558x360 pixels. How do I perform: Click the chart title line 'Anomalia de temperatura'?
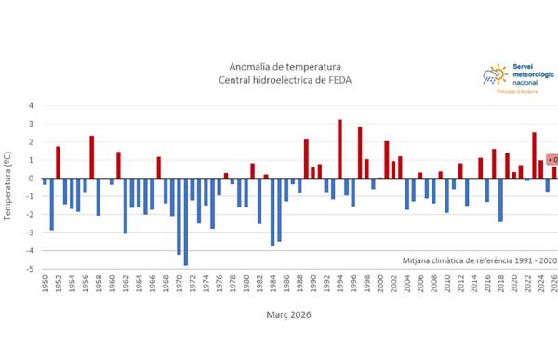pyautogui.click(x=286, y=67)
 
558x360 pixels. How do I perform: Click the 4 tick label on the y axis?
pyautogui.click(x=31, y=105)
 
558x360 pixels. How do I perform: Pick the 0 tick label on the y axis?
pyautogui.click(x=31, y=179)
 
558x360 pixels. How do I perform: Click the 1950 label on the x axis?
pyautogui.click(x=45, y=285)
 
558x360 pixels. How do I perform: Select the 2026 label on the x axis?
pyautogui.click(x=554, y=285)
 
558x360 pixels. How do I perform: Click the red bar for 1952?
pyautogui.click(x=58, y=162)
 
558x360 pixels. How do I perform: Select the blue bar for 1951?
pyautogui.click(x=51, y=204)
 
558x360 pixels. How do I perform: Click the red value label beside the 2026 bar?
pyautogui.click(x=551, y=160)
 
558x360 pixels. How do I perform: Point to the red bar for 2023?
pyautogui.click(x=534, y=155)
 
